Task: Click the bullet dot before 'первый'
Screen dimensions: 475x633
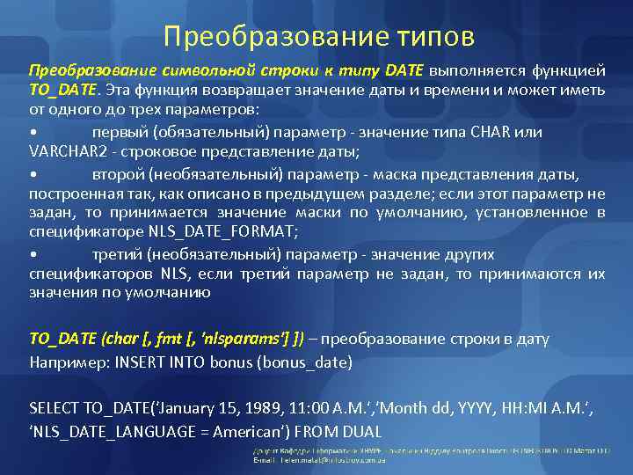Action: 33,132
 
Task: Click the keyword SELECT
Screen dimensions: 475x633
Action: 55,407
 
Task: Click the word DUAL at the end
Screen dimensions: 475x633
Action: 361,431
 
